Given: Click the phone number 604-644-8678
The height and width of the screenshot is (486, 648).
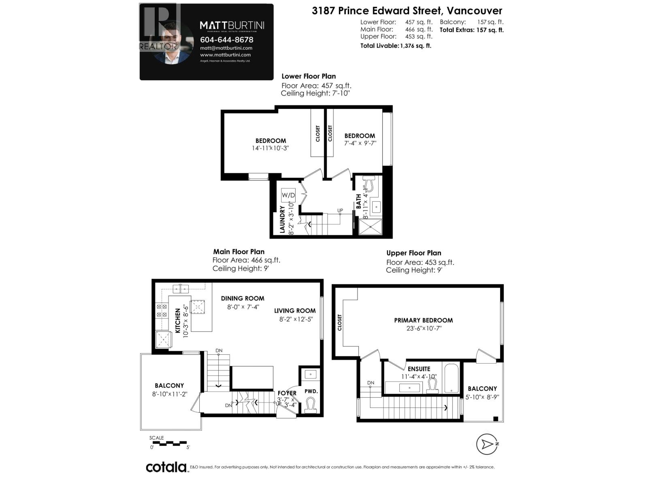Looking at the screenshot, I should coord(226,40).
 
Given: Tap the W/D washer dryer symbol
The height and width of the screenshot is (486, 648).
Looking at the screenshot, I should coord(288,195).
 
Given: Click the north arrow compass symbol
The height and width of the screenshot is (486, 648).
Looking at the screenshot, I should coord(486,444).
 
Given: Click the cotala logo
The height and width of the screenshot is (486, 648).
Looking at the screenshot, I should coord(166,467).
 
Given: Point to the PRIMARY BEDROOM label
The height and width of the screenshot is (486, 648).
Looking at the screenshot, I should coord(423,320).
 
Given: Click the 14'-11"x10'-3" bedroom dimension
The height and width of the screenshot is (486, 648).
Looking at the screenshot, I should coord(270,148).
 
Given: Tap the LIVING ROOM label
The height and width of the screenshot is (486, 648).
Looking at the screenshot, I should coord(294,311).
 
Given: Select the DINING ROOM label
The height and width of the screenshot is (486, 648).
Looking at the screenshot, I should coord(242,298).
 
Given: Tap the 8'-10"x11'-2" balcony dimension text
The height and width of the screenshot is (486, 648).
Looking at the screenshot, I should coord(169,394).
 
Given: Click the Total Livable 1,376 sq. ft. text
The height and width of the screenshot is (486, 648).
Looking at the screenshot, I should coord(395,46).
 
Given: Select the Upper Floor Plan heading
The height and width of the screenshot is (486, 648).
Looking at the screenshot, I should coord(414,253).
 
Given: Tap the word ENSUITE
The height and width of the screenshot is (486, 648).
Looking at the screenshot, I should coord(419,369).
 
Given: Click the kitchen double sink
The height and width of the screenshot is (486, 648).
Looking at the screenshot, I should coord(181,288).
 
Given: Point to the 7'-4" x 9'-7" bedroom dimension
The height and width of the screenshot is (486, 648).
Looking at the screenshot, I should coord(360,143).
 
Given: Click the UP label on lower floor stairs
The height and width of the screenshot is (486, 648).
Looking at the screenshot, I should coord(340,210).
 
